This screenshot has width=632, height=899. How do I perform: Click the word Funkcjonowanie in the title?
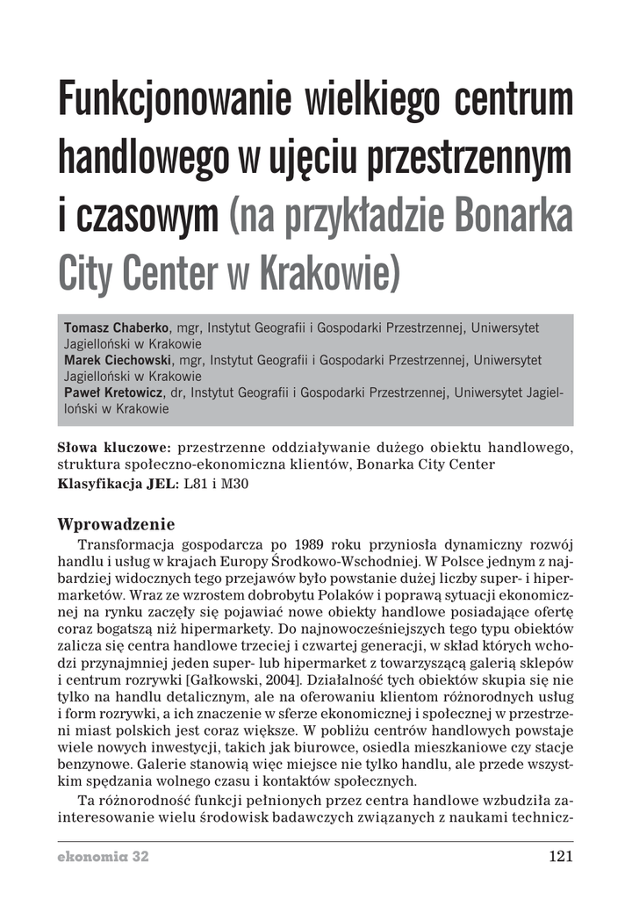point(174,102)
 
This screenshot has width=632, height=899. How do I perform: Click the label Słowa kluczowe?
point(112,448)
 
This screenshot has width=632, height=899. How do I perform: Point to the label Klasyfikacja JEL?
point(117,484)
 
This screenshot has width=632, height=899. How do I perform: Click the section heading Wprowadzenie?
point(116,525)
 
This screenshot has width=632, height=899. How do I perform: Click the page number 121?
point(560,857)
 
